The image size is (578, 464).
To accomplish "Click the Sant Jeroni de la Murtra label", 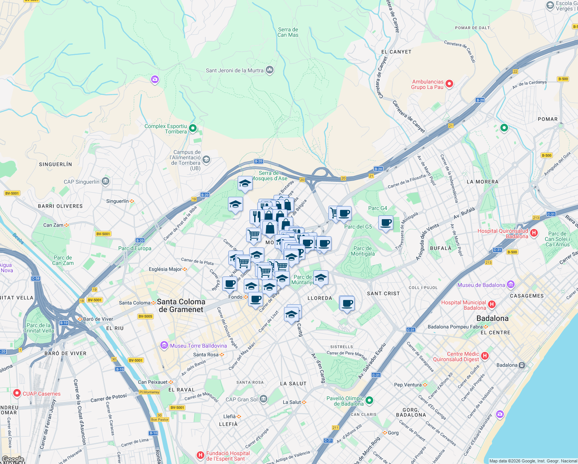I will (235, 70).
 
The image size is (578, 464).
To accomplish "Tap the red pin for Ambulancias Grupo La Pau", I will (449, 84).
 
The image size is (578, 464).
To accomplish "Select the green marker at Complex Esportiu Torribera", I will (193, 128).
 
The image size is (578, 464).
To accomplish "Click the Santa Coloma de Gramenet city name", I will (181, 305).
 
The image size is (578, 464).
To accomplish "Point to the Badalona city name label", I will (492, 318).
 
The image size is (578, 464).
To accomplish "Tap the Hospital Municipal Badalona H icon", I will (491, 304).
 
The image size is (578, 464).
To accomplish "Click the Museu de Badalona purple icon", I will (511, 285).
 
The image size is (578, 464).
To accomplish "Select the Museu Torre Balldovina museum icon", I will (164, 345).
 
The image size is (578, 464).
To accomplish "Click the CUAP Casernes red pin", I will (17, 393).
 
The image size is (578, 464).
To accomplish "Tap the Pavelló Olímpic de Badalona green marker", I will (369, 400).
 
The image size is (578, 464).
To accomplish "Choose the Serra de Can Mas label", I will (288, 32).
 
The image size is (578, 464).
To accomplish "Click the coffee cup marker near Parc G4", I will (385, 223).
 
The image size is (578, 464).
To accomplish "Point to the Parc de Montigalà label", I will (363, 251).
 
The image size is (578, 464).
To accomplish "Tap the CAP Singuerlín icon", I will (105, 181).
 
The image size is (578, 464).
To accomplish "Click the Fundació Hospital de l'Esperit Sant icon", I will (200, 455).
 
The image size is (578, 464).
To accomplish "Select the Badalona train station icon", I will (522, 365).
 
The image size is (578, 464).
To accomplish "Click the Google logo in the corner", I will (13, 459).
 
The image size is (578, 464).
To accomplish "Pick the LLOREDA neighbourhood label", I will (320, 298).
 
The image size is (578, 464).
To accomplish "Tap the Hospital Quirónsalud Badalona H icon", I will (534, 232).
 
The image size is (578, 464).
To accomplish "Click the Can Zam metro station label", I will (53, 225).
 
